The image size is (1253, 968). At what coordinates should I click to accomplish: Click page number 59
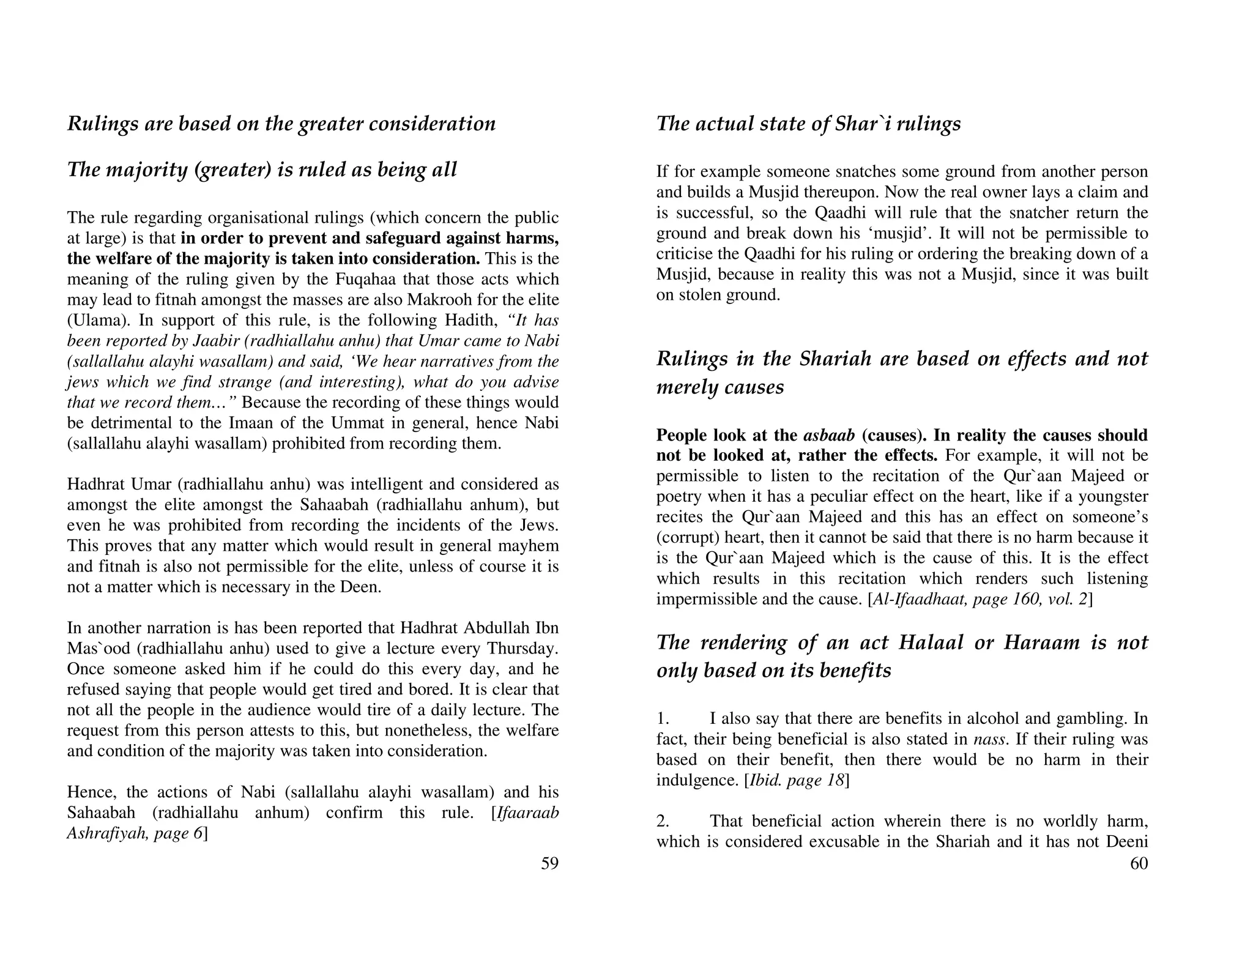point(549,863)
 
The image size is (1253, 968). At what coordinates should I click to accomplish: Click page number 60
point(1139,863)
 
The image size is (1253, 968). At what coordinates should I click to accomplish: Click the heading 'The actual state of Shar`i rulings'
point(808,124)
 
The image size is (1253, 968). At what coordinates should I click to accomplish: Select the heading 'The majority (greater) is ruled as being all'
point(262,169)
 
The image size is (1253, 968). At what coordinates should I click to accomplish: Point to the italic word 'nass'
point(989,739)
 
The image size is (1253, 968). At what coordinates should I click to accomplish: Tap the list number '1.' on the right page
point(663,718)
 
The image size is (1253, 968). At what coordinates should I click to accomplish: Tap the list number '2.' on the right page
point(663,821)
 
